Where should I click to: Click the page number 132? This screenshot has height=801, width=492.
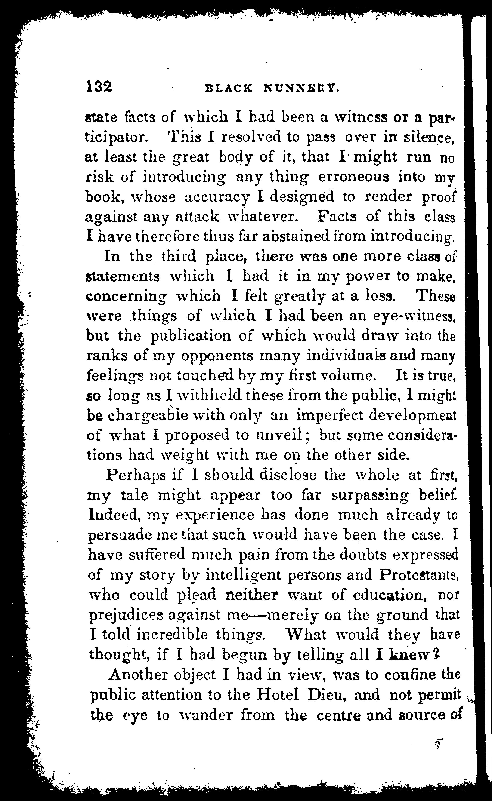[x=99, y=87]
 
